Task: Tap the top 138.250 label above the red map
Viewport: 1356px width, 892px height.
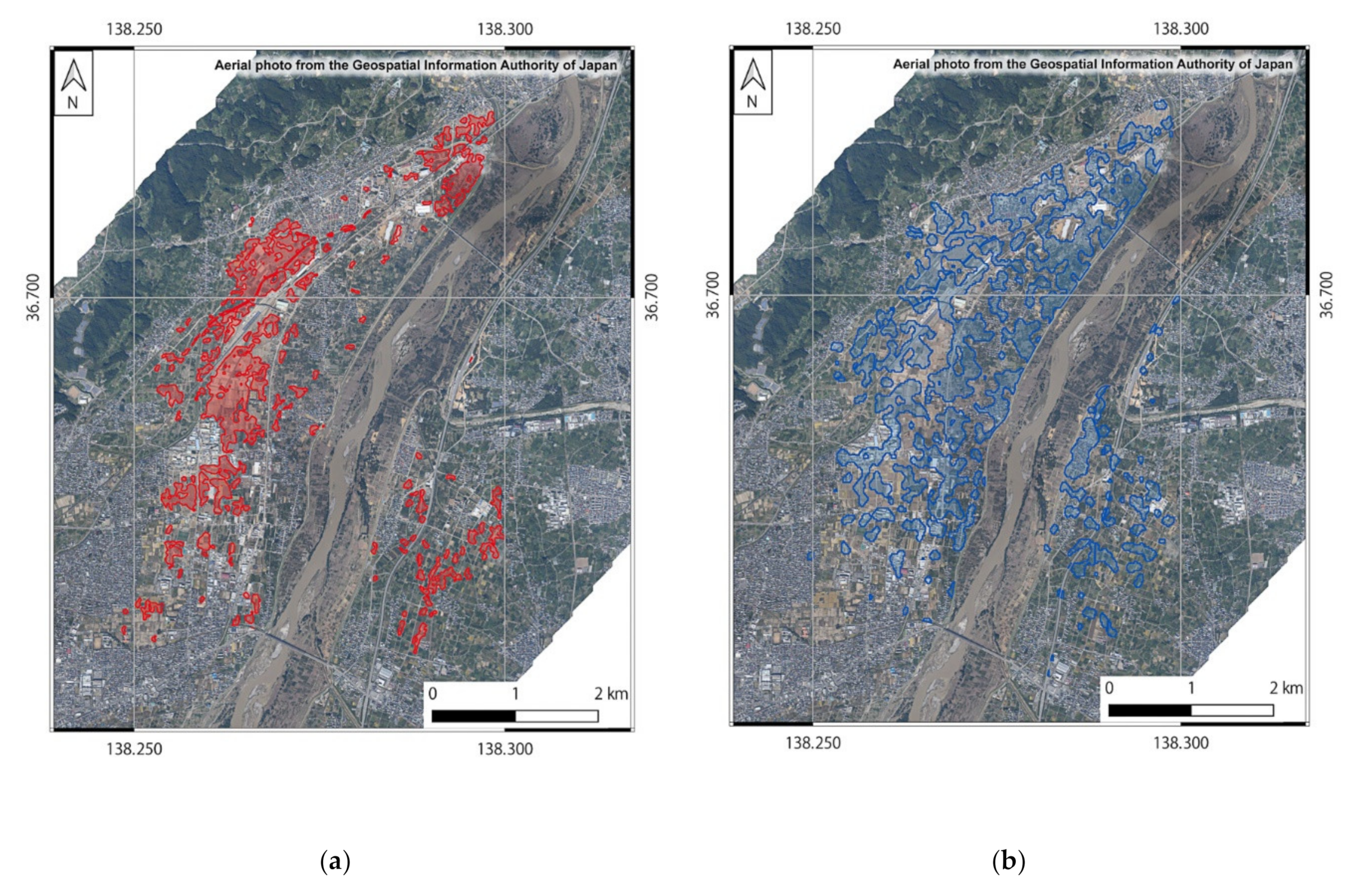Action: [134, 29]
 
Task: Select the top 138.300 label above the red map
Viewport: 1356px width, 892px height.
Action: [505, 29]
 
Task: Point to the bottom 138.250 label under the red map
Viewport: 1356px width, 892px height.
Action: [134, 749]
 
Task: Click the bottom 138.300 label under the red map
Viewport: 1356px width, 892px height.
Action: [505, 749]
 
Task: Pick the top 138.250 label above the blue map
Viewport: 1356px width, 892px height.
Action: [813, 29]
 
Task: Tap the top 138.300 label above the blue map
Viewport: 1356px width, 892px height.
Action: [1181, 29]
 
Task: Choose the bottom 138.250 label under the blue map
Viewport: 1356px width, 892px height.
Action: [813, 743]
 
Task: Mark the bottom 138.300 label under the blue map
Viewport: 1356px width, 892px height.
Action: [1181, 743]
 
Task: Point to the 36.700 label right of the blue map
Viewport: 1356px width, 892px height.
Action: [1327, 294]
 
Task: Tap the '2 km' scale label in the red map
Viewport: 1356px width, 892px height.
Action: [611, 694]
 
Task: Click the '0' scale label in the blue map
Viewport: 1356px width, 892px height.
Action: [1109, 688]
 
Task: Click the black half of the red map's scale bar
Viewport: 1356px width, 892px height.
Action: [474, 716]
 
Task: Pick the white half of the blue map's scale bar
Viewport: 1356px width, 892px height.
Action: [1232, 710]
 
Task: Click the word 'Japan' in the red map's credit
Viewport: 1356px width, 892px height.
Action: [601, 65]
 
